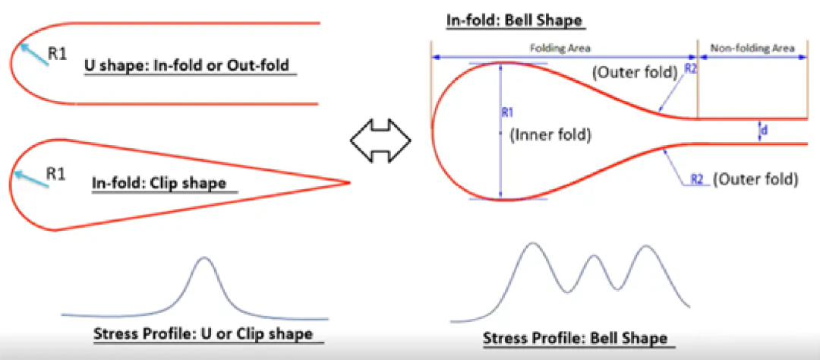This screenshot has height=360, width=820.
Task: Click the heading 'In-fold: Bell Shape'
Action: coord(515,21)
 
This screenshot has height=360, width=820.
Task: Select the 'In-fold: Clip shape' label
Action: coord(159,184)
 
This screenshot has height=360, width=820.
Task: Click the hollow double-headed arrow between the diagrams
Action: coord(380,141)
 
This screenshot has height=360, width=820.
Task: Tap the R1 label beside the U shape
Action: coord(58,53)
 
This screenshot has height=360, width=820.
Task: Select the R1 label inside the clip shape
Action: coord(56,174)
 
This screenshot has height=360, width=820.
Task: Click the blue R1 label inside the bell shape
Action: coord(506,112)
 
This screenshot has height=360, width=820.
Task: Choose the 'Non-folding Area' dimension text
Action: coord(752,48)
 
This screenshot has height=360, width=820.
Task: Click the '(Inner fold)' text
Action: coord(550,135)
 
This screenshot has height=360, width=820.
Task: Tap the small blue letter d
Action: coord(764,131)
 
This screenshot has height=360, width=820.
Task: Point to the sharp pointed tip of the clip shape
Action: coord(348,182)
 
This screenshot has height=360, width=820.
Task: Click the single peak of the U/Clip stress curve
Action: coord(204,257)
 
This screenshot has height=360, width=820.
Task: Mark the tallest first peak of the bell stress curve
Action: coord(531,243)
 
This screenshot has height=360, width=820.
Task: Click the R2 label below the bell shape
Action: coord(696,179)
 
